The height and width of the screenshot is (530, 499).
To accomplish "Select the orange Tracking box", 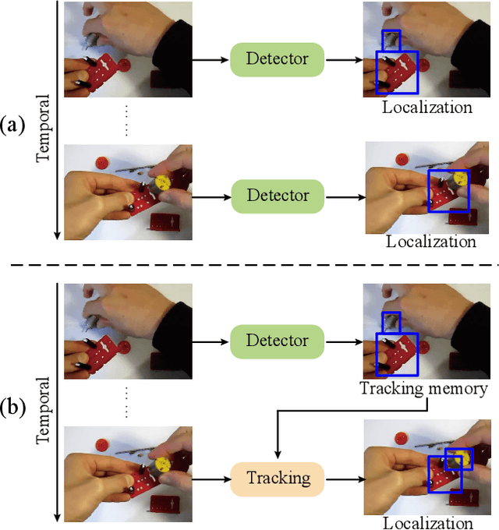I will (278, 477).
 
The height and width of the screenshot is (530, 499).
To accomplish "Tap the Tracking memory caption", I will (423, 388).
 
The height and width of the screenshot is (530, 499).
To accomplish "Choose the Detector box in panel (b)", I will (278, 341).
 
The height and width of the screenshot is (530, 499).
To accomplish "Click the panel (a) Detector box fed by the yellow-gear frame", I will (278, 195).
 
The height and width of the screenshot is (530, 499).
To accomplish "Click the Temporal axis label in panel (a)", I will (44, 129).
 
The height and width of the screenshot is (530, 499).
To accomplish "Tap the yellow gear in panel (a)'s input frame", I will (163, 182).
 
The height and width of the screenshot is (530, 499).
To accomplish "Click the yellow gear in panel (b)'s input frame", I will (163, 465).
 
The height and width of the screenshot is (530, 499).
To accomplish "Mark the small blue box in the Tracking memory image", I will (391, 321).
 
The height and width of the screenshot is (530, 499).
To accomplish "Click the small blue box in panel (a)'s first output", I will (391, 41).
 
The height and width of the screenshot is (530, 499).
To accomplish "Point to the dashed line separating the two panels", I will (249, 265).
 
